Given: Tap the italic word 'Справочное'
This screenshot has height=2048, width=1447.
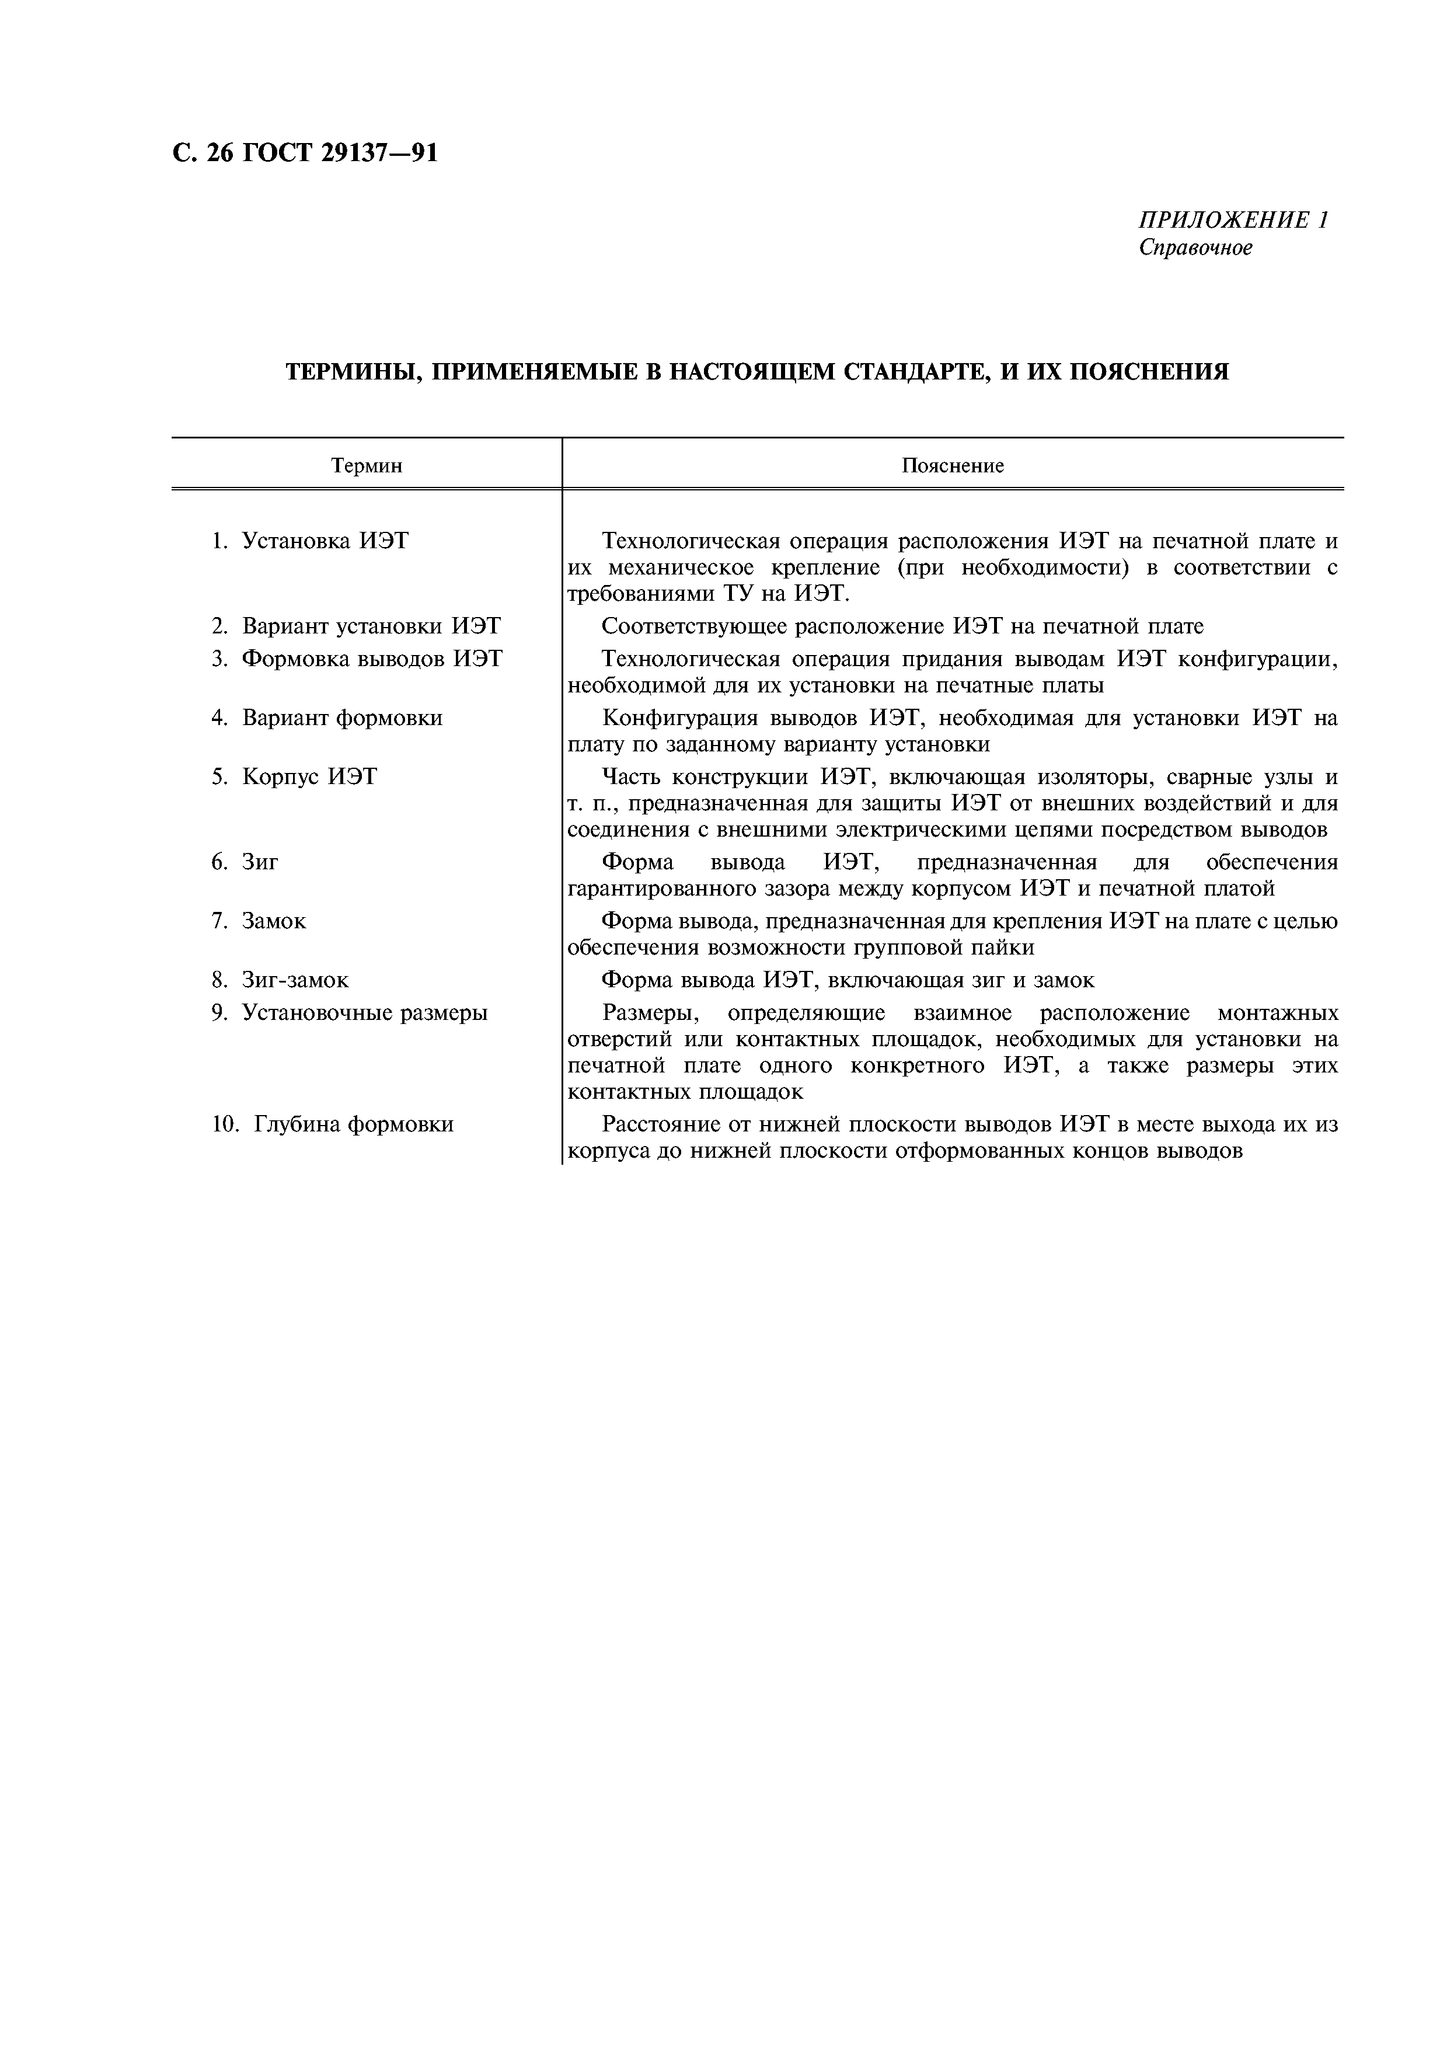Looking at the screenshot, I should pyautogui.click(x=1195, y=247).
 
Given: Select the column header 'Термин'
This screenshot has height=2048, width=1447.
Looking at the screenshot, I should pyautogui.click(x=367, y=466).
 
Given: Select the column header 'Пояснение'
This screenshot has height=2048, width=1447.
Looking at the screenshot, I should pyautogui.click(x=952, y=466).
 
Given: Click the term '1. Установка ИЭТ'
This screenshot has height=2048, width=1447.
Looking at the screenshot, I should pyautogui.click(x=309, y=541).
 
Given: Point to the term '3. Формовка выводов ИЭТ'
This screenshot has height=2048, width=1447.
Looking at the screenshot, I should pyautogui.click(x=357, y=659).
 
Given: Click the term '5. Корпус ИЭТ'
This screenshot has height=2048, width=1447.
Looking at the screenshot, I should pyautogui.click(x=294, y=777).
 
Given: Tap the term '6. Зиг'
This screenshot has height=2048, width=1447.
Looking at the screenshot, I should pyautogui.click(x=245, y=862).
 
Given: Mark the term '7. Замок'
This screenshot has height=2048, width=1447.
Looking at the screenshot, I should pyautogui.click(x=259, y=921).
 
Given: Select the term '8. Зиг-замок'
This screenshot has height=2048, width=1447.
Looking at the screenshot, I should pyautogui.click(x=280, y=980).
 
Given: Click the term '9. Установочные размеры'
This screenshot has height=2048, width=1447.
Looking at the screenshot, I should pyautogui.click(x=350, y=1013).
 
